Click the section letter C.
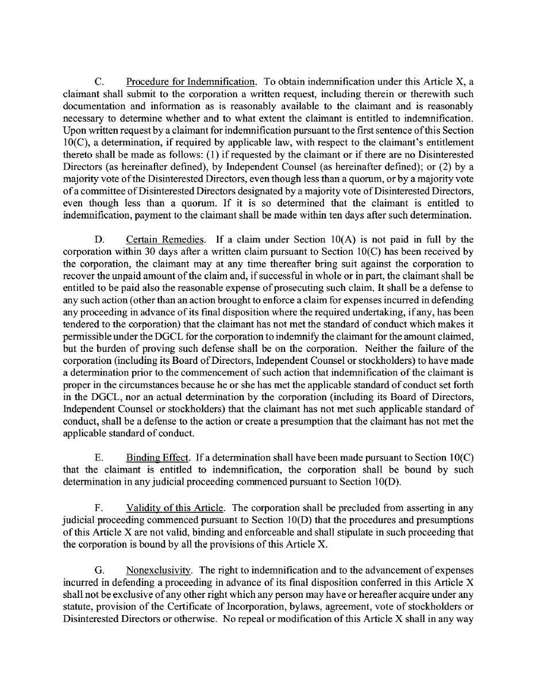98,82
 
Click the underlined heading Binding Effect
157,458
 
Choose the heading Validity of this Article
175,508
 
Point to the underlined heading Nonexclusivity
159,570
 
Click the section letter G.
98,570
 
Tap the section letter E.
98,458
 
